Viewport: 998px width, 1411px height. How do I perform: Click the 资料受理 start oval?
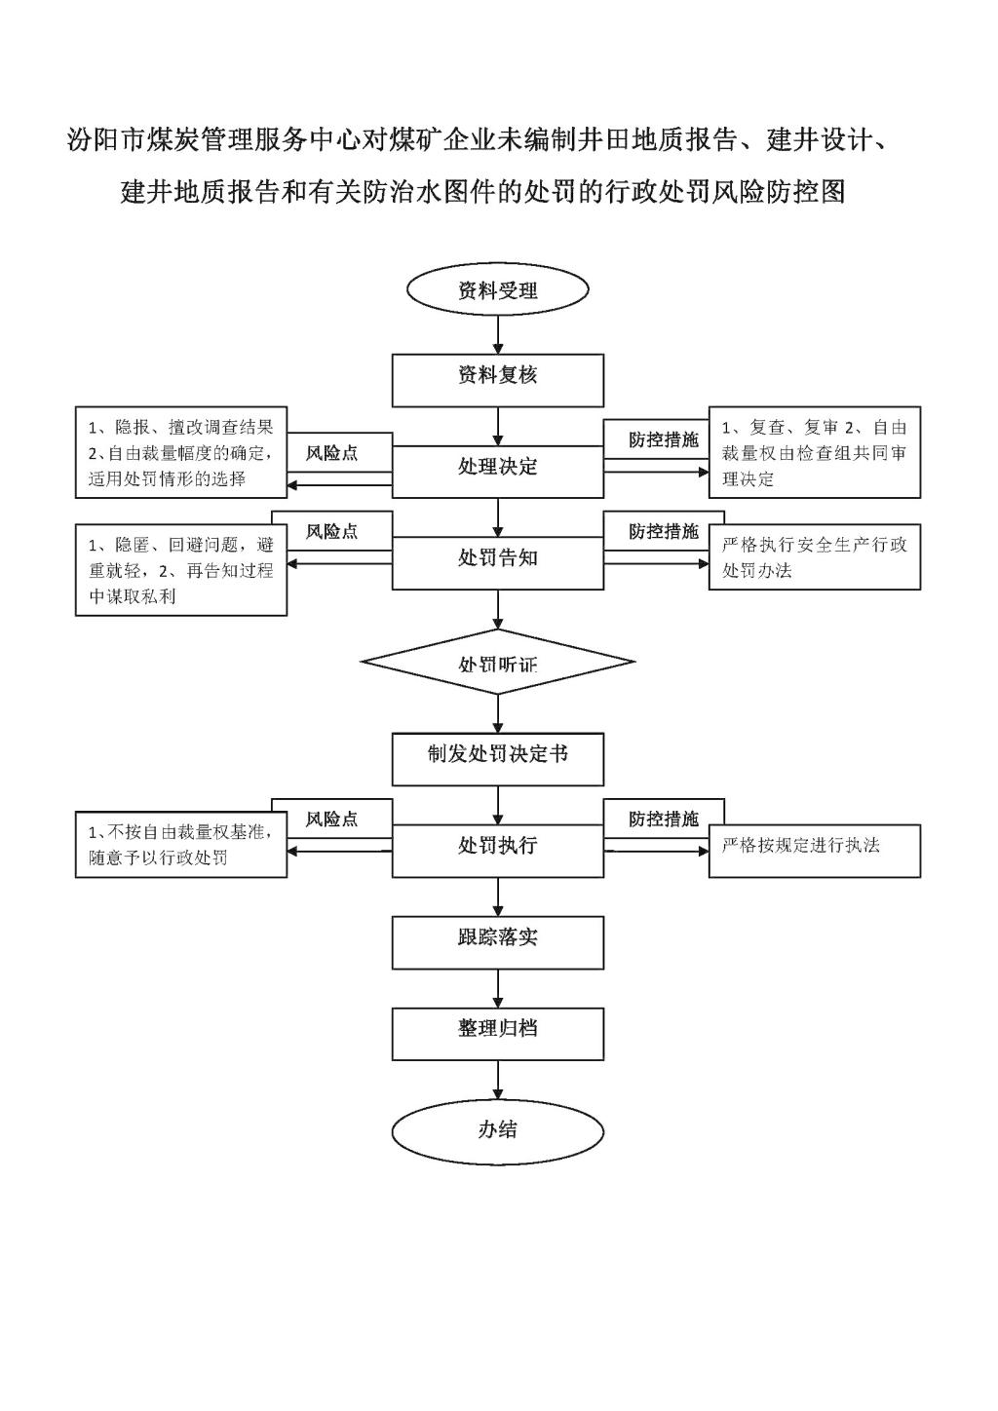coord(498,290)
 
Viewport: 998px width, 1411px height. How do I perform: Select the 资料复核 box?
coord(498,379)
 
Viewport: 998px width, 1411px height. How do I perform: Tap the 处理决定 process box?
coord(498,471)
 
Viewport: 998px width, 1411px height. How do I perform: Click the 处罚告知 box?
coord(498,562)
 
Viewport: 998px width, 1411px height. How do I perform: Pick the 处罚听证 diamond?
coord(498,663)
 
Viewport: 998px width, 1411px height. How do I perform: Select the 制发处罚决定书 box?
coord(498,758)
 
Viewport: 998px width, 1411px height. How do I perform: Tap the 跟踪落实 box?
coord(498,941)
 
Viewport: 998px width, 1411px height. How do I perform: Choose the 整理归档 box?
coord(498,1033)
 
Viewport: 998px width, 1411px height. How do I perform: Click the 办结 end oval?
coord(498,1129)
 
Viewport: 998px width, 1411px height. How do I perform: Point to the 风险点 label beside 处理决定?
coord(331,453)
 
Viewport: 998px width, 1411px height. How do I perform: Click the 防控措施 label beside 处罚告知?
coord(664,531)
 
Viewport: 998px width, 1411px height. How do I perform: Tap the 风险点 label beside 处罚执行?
coord(331,819)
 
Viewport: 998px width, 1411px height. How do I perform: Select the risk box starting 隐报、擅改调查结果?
coord(181,452)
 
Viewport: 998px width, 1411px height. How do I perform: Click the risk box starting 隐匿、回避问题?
coord(181,569)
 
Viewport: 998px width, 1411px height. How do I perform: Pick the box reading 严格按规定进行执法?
coord(815,851)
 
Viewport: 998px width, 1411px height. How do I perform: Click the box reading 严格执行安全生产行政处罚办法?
coord(815,557)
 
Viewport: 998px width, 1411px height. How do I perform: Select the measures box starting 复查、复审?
coord(815,452)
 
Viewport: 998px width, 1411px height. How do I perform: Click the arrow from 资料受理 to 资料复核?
coord(499,333)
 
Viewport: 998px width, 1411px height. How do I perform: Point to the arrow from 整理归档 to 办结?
coord(499,1082)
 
